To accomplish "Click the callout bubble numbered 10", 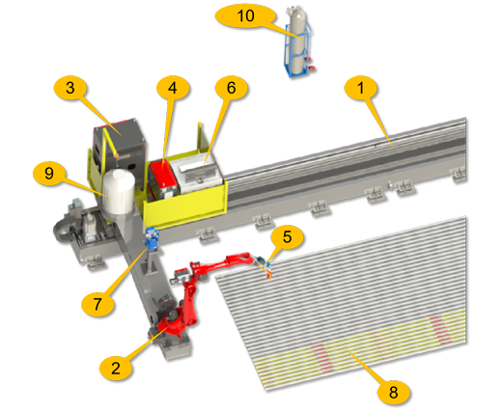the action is (245, 15).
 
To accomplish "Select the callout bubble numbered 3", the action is (70, 88).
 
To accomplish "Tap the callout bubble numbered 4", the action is (173, 88).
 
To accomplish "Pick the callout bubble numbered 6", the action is (232, 88).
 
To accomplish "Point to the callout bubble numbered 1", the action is (360, 88).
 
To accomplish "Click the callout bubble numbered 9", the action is (49, 173).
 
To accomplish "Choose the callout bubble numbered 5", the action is (287, 236).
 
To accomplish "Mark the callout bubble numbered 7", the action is (98, 304).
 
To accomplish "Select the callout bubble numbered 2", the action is (116, 368).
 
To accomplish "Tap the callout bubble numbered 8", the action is (393, 392).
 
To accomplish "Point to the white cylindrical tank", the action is (118, 192).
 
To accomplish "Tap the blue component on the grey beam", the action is (153, 239).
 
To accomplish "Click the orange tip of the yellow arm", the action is (117, 155).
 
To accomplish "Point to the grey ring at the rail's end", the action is (63, 231).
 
